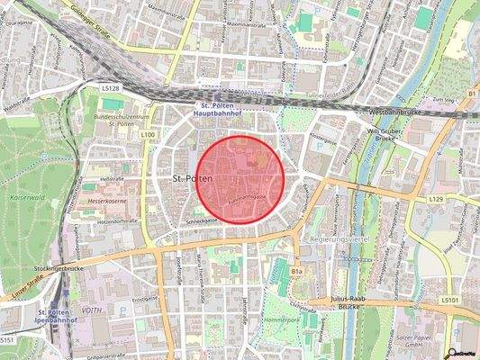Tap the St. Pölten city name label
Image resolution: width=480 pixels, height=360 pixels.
(191, 180)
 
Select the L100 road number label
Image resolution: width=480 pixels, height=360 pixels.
(149, 135)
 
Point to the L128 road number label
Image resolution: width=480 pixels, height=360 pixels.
(110, 88)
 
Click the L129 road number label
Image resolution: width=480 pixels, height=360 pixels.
(437, 197)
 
